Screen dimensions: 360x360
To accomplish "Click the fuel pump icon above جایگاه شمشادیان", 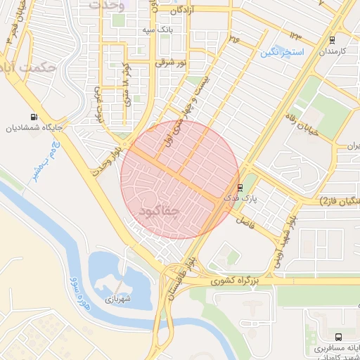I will click(x=34, y=117).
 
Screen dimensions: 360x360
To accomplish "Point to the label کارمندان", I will click(x=335, y=52).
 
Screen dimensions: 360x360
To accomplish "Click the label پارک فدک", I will click(x=240, y=199).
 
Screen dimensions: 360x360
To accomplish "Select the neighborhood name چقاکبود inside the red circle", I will click(x=160, y=210).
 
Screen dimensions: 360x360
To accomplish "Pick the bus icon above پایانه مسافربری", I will click(x=339, y=337).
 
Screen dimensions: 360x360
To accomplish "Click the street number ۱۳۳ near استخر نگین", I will click(x=295, y=36).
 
